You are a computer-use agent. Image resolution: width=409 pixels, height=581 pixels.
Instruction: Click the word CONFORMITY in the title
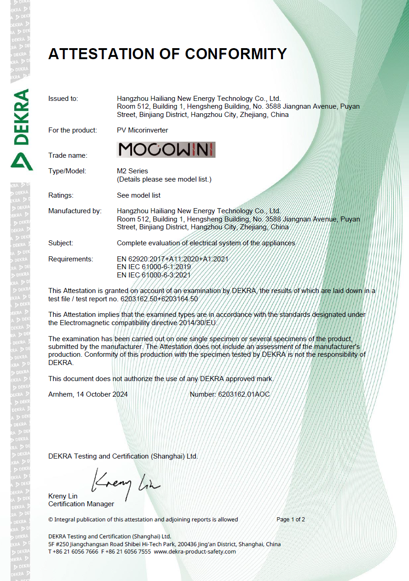(236, 54)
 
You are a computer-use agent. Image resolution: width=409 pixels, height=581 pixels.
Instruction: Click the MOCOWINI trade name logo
(166, 150)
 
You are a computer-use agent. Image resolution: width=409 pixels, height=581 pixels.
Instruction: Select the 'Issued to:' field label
(63, 99)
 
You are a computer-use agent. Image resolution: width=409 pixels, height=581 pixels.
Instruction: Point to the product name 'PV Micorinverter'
(143, 130)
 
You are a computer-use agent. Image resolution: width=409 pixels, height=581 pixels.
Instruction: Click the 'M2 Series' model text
(133, 171)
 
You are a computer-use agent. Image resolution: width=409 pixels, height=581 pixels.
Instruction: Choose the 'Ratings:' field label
(61, 195)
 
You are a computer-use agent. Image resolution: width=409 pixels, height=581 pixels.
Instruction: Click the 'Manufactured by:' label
(75, 211)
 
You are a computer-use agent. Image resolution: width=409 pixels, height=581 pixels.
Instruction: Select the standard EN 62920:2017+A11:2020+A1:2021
(172, 259)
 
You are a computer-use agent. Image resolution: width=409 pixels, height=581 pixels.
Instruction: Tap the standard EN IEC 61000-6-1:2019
(154, 267)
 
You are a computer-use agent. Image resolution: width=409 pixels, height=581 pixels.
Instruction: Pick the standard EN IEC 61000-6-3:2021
(154, 275)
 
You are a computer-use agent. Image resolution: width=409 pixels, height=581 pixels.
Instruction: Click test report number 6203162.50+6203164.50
(159, 299)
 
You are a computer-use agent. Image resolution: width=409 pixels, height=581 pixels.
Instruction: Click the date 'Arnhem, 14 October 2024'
(88, 394)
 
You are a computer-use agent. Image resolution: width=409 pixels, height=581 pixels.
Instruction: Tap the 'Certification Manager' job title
(81, 504)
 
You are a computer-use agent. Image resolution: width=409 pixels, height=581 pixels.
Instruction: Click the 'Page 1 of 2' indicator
(291, 520)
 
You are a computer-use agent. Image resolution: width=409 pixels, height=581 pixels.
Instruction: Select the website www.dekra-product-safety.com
(195, 552)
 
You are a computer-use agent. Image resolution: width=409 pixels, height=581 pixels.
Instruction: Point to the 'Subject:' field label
(61, 243)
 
